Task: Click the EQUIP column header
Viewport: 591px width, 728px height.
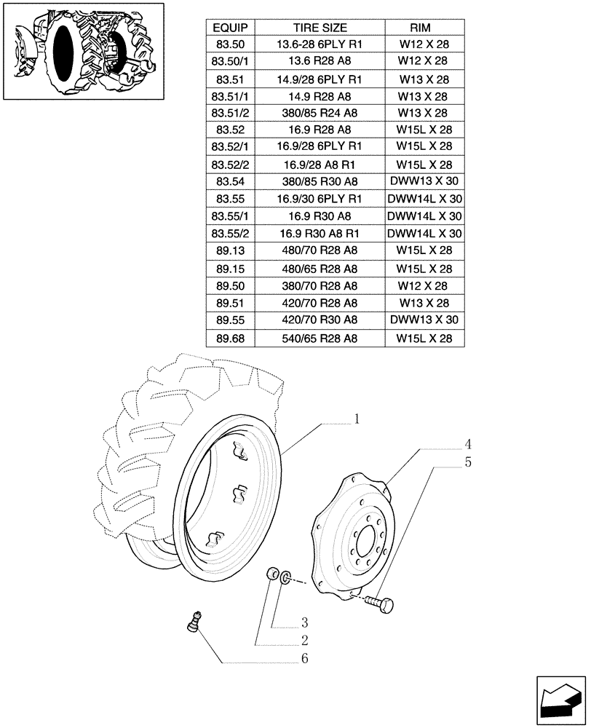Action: click(229, 28)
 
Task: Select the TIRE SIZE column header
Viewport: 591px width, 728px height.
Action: click(320, 28)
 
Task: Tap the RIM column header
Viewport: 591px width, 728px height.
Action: click(424, 28)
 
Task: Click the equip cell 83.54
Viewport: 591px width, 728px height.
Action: click(229, 182)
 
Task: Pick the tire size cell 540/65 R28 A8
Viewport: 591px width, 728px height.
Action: click(320, 339)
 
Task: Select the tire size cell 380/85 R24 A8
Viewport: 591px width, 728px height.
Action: click(320, 113)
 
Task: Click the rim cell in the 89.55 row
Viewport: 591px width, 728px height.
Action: click(424, 320)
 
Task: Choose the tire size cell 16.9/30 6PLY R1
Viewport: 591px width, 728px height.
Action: click(320, 199)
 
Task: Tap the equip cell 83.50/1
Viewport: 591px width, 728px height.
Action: click(229, 61)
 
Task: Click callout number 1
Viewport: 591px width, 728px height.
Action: click(357, 419)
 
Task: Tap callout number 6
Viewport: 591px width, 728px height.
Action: click(305, 659)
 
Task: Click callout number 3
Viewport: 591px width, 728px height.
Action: click(305, 622)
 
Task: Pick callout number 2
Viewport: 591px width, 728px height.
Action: click(305, 641)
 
